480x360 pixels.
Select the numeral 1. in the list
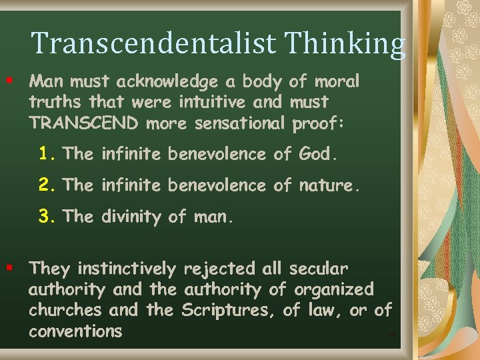point(48,154)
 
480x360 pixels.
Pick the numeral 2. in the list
point(48,185)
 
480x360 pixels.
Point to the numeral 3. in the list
point(48,216)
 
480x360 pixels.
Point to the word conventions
point(75,331)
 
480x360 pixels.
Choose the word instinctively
point(127,269)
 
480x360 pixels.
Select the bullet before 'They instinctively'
point(9,268)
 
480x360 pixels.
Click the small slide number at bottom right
point(391,335)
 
